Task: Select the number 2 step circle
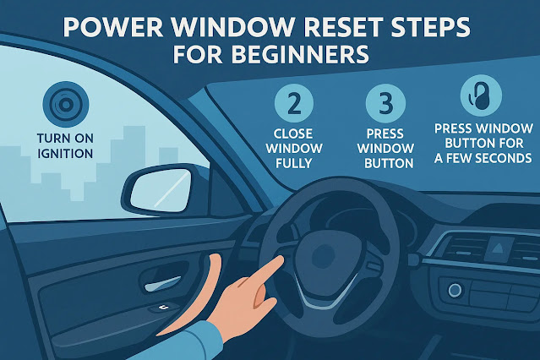(294, 103)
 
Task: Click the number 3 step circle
(385, 103)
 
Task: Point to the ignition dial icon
(66, 105)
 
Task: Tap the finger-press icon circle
(481, 95)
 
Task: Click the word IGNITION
(65, 153)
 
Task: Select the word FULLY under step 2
(294, 163)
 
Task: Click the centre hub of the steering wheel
(324, 255)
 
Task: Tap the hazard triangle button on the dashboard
(497, 248)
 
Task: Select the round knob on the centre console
(455, 291)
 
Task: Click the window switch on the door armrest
(162, 307)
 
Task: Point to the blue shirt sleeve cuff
(203, 340)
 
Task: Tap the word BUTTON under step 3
(389, 163)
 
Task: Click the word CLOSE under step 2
(293, 134)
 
